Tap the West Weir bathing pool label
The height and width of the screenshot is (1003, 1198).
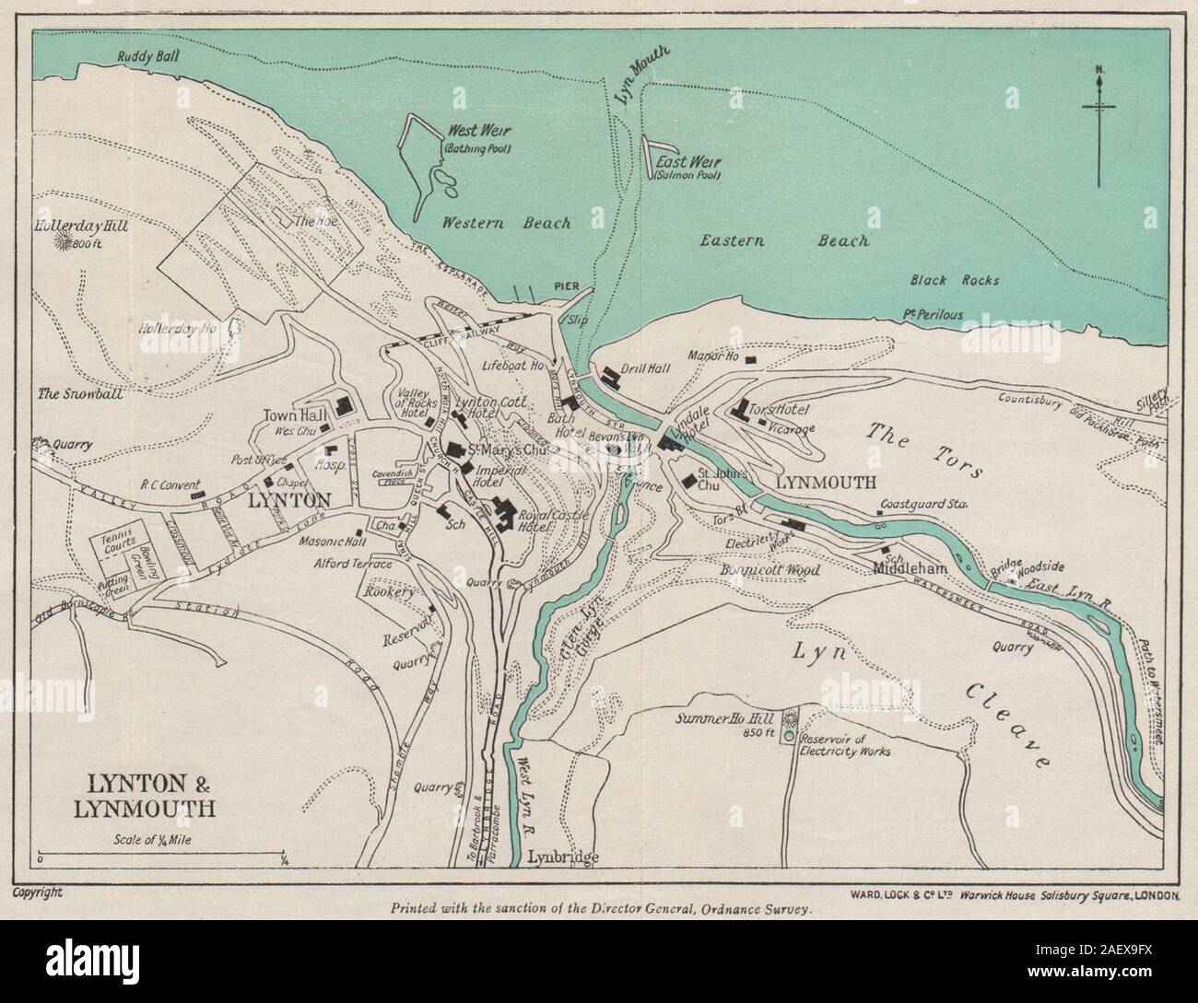click(x=478, y=137)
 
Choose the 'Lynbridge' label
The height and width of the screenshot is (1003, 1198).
click(x=564, y=857)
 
